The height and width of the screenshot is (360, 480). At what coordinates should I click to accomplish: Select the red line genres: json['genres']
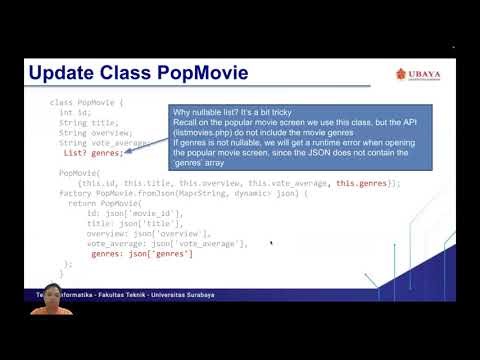point(141,253)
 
